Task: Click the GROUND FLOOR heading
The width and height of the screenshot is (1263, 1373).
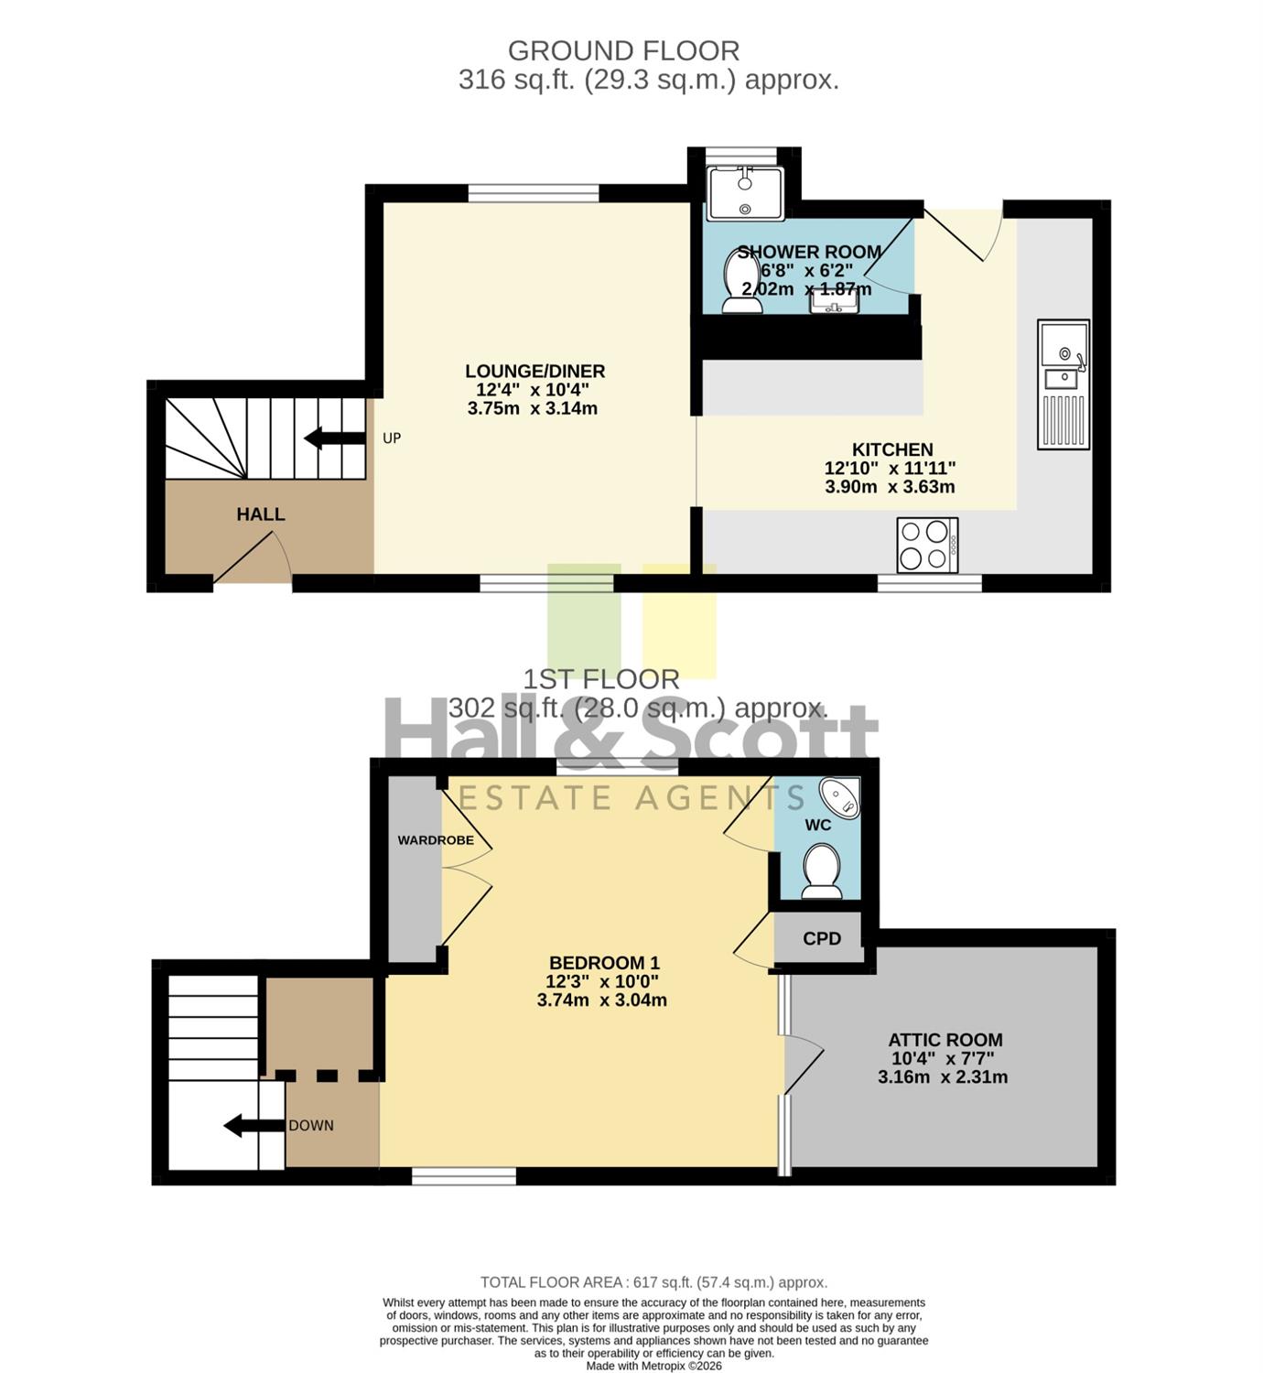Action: point(623,51)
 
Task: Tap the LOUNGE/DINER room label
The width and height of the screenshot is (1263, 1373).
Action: point(534,371)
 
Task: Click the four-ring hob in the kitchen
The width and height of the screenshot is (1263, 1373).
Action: point(927,545)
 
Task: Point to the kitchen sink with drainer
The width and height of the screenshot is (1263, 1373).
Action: point(1063,384)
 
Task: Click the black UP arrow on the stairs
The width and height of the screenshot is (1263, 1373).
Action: point(335,438)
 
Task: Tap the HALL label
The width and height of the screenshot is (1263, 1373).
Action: point(261,514)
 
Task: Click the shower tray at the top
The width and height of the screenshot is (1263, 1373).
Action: point(746,193)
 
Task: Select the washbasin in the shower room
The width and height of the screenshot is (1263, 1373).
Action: point(834,299)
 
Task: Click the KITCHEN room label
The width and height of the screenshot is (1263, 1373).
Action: point(892,449)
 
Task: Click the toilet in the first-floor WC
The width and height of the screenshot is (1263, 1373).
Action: point(822,870)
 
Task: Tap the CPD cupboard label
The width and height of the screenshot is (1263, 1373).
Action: point(822,938)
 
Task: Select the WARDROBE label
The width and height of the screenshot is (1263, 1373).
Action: point(436,839)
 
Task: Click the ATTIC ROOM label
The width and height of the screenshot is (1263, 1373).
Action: point(945,1040)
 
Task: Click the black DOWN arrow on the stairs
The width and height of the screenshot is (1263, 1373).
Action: point(254,1125)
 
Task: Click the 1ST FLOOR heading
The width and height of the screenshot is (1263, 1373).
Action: point(601,680)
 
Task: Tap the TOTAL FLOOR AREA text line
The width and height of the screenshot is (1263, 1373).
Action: point(653,1282)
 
